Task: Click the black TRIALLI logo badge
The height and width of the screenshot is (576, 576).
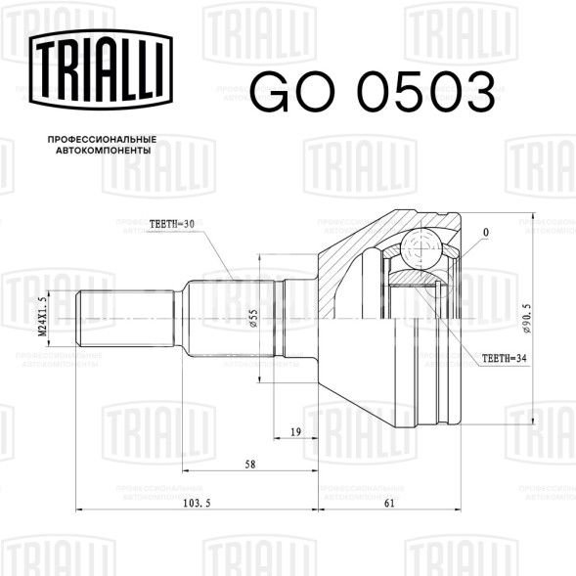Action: pyautogui.click(x=101, y=69)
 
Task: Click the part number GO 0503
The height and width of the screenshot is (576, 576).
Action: pyautogui.click(x=373, y=93)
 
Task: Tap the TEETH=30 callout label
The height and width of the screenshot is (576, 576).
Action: pyautogui.click(x=171, y=224)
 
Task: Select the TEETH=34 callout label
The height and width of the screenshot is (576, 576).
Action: pyautogui.click(x=504, y=358)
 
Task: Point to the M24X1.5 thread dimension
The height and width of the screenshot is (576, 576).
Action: pyautogui.click(x=43, y=317)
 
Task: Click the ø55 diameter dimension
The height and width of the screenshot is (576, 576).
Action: pyautogui.click(x=253, y=318)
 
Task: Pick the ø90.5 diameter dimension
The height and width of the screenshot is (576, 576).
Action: pyautogui.click(x=527, y=318)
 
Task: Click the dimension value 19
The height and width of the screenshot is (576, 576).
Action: pyautogui.click(x=295, y=432)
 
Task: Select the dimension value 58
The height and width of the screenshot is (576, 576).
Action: pyautogui.click(x=250, y=465)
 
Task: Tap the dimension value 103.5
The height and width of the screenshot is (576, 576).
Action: pyautogui.click(x=197, y=504)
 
